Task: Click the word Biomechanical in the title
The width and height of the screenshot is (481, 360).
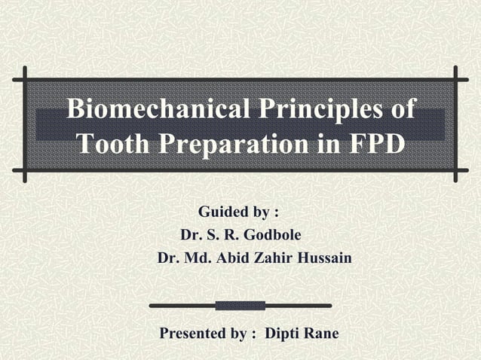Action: (x=149, y=109)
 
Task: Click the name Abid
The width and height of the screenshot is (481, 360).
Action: (x=233, y=258)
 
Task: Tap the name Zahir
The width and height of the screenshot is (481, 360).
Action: (x=274, y=258)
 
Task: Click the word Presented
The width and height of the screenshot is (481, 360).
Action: (x=193, y=334)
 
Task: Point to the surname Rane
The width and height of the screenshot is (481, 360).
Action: (x=320, y=334)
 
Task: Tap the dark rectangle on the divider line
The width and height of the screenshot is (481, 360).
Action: (x=240, y=306)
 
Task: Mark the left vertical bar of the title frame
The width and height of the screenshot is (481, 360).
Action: (x=25, y=124)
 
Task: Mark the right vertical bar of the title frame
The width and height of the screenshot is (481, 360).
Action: (x=456, y=124)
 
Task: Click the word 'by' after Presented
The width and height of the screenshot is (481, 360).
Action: (x=237, y=334)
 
